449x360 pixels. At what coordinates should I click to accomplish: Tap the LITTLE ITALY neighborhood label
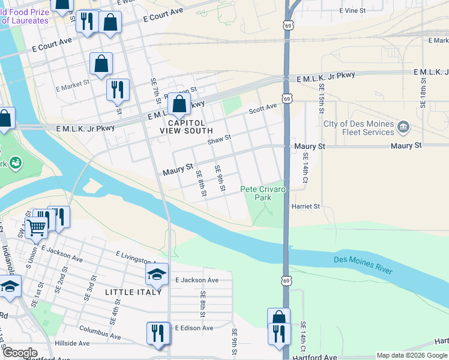pos(133,292)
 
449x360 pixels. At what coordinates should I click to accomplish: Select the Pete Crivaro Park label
pos(264,193)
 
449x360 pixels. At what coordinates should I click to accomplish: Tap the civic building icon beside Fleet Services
pos(404,127)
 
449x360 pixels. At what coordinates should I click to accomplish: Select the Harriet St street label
pos(306,206)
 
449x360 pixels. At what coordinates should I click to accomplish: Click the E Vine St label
pos(352,11)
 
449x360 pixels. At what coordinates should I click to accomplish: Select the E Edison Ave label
pos(194,328)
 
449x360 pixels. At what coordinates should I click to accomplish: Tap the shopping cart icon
pos(37,227)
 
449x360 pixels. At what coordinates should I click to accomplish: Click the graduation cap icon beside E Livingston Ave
pos(157,275)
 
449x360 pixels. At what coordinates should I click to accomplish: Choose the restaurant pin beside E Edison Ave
pos(158,333)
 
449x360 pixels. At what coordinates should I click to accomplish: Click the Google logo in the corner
pos(20,353)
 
